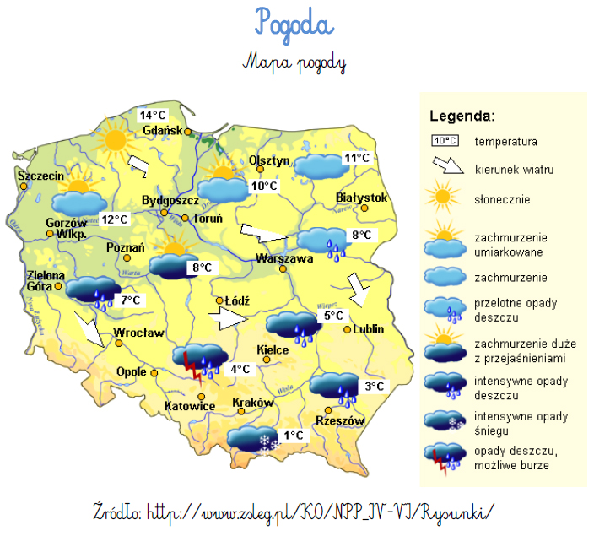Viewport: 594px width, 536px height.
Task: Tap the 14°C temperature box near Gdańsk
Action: (x=153, y=115)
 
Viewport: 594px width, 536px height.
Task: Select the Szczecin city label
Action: (x=40, y=176)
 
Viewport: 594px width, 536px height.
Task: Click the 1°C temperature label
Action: (x=293, y=436)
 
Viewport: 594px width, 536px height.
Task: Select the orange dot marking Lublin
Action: (x=347, y=330)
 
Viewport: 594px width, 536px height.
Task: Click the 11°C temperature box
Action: (x=357, y=158)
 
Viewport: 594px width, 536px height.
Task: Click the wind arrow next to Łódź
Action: (x=225, y=318)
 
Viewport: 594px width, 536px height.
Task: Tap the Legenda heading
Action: (x=462, y=116)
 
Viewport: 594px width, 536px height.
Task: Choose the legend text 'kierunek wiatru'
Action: (x=514, y=170)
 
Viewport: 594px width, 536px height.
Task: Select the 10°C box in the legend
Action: (x=445, y=141)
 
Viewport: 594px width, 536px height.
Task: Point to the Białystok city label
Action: (x=361, y=198)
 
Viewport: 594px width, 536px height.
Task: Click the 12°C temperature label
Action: (x=114, y=219)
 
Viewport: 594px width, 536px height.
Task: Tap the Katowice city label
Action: (x=190, y=407)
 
